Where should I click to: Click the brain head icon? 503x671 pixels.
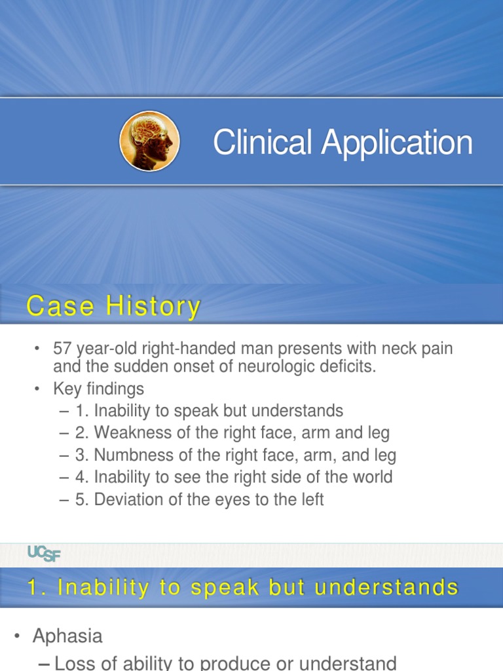pos(150,142)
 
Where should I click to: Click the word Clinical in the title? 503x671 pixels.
pos(262,142)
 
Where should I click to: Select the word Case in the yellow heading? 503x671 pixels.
pos(60,306)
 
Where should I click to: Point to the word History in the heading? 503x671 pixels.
pos(153,307)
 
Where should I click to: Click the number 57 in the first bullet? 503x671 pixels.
pos(62,349)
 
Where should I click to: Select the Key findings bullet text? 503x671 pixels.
pos(98,389)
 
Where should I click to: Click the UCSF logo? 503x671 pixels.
pos(44,553)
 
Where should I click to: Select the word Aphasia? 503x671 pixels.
pos(67,636)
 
